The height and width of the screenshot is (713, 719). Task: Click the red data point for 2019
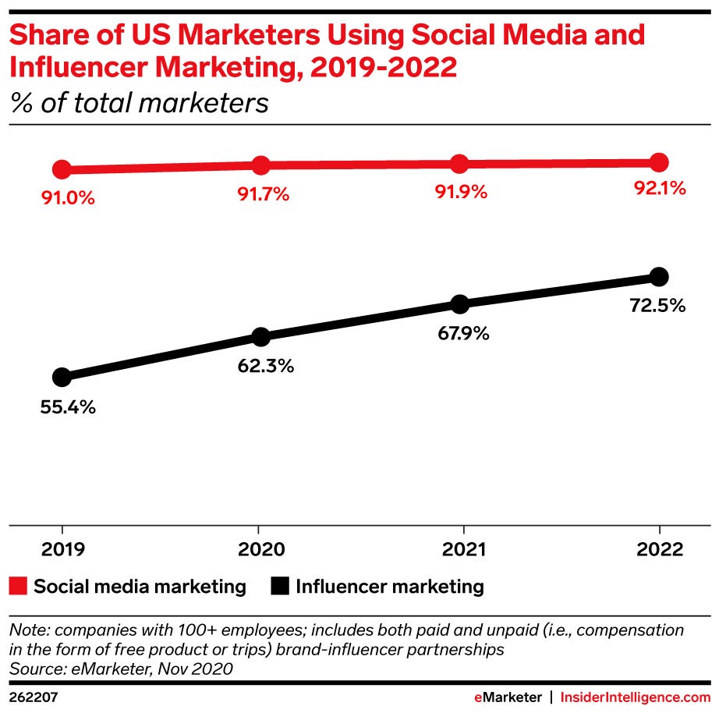[62, 169]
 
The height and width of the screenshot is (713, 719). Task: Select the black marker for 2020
[261, 337]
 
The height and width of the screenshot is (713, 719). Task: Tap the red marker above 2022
[659, 162]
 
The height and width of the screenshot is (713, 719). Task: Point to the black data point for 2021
[460, 303]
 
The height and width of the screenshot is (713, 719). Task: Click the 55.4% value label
[68, 407]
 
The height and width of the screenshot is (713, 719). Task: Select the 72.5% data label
[658, 306]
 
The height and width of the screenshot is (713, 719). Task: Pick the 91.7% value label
[264, 194]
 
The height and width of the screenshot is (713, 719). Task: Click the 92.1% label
[659, 189]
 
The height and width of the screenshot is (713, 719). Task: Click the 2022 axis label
[659, 550]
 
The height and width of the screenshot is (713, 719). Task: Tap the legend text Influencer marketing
[390, 587]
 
